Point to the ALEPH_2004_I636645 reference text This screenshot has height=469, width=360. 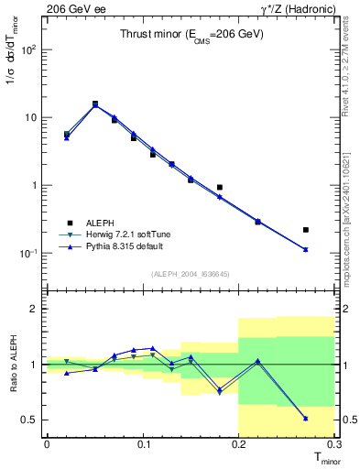point(191,273)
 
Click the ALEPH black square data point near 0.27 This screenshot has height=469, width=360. point(306,230)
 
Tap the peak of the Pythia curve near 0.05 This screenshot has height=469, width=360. point(95,105)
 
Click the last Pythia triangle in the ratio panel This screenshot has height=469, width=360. point(306,418)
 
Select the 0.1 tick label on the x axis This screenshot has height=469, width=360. point(143,444)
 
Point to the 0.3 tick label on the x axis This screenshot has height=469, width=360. point(334,444)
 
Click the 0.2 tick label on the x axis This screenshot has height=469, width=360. point(239,444)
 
